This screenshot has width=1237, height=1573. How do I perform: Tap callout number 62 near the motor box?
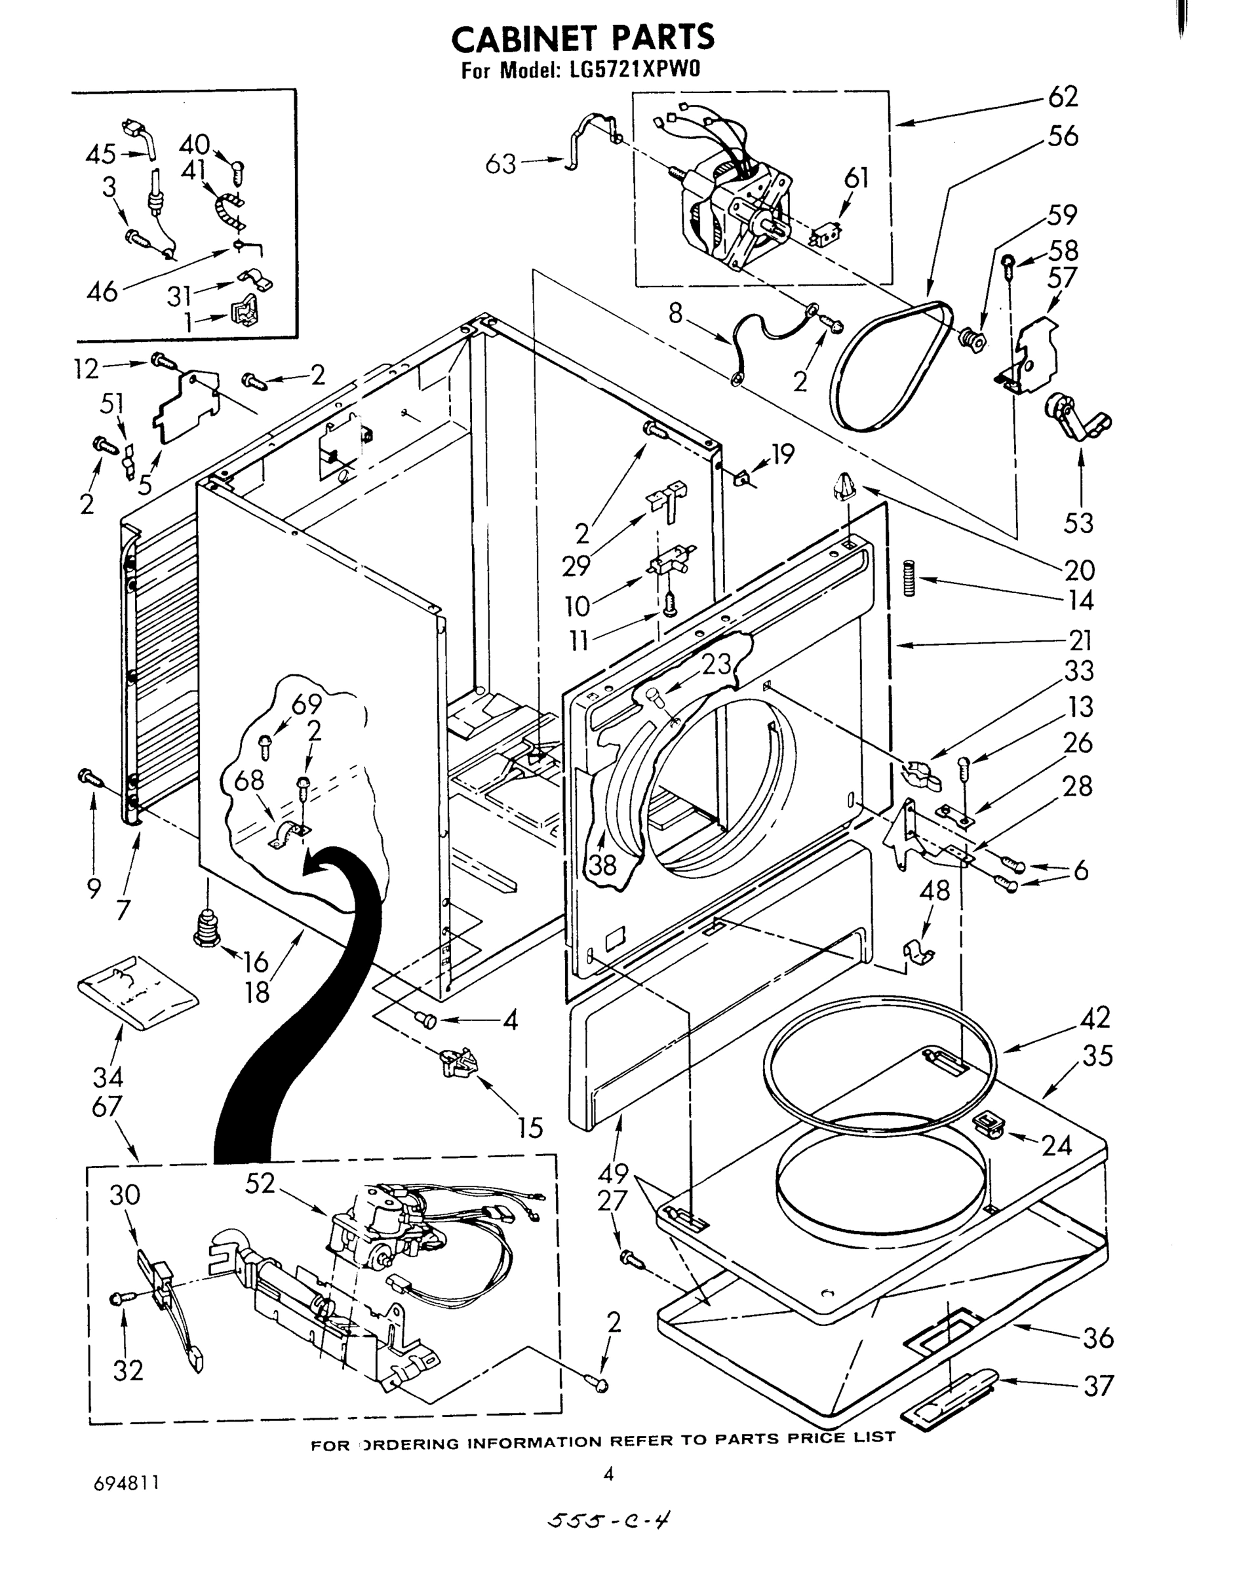coord(1063,97)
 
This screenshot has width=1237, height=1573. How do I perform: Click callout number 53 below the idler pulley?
coord(1078,522)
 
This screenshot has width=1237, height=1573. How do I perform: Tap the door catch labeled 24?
coord(989,1125)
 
